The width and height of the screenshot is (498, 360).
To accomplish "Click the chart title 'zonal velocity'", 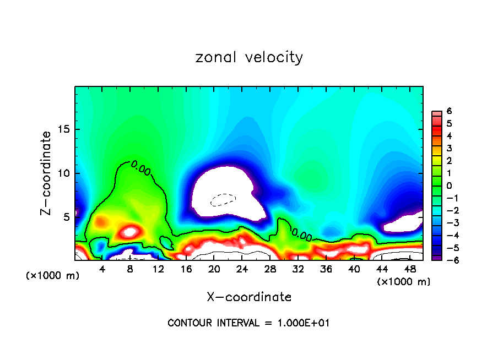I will click(249, 57).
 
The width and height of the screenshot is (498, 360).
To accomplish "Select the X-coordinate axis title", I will click(249, 297).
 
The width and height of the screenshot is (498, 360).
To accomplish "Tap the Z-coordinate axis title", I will click(46, 173).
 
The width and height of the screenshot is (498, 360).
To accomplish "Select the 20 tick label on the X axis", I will click(214, 269).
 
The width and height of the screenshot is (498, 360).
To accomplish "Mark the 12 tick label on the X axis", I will click(158, 269).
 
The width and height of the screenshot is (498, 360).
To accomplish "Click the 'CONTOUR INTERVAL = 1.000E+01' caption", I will click(248, 323).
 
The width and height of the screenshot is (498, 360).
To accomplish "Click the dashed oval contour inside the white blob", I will click(223, 199).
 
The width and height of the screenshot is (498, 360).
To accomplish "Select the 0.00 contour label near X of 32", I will click(302, 235).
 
